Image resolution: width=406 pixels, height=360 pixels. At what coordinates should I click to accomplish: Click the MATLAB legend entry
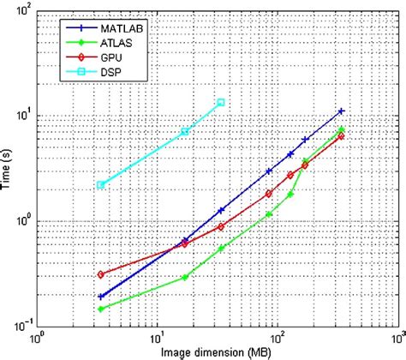107,27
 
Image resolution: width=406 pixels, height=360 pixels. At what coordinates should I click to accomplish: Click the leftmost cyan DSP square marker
100,184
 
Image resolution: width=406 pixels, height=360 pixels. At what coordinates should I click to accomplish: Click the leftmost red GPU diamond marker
100,274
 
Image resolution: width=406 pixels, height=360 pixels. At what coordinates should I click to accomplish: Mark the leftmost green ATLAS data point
100,309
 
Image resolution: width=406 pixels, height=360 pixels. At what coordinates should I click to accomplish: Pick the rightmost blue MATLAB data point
341,111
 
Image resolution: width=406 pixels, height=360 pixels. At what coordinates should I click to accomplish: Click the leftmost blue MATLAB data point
100,297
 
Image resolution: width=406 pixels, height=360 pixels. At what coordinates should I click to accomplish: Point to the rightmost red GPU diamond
341,135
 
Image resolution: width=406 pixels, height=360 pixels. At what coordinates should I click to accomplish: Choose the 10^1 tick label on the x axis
157,337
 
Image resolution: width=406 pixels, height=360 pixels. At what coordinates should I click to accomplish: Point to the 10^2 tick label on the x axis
276,337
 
